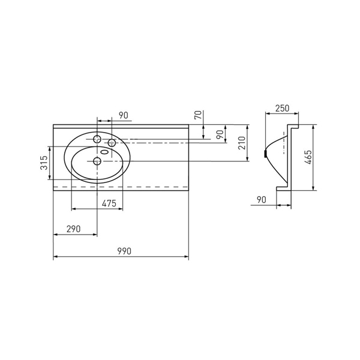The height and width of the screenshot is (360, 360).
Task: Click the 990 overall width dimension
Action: coord(124,251)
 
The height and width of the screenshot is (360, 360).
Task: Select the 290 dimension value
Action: coord(74,229)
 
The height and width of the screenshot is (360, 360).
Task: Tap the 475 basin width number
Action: coord(109,203)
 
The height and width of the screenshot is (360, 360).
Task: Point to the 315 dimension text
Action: coord(44,163)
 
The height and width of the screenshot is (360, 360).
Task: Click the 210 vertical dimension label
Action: coord(242,143)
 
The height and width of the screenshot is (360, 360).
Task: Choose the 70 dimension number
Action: coord(198,115)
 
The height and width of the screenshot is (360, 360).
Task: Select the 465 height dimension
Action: coord(308,157)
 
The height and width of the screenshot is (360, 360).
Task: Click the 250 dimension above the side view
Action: coord(283,108)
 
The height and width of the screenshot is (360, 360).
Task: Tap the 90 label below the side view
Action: coord(262,200)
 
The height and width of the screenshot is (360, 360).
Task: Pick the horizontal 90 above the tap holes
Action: coord(124,115)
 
